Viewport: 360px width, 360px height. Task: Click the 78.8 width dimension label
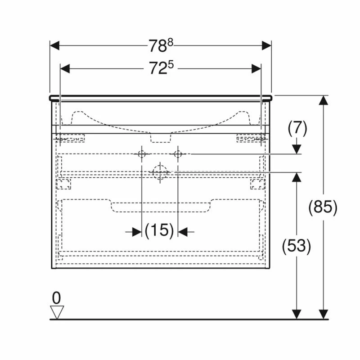click(x=161, y=45)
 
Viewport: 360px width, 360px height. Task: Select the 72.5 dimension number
click(x=161, y=68)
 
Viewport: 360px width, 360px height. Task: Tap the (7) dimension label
click(x=297, y=129)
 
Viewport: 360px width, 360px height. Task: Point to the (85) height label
click(x=323, y=207)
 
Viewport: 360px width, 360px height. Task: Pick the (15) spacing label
click(x=159, y=231)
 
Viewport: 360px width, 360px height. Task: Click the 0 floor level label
click(x=56, y=297)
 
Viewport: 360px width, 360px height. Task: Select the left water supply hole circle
click(x=141, y=154)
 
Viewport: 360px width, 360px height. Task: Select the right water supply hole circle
click(x=178, y=154)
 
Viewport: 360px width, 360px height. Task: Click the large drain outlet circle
click(x=160, y=172)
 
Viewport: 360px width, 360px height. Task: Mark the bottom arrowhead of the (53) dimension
click(x=296, y=314)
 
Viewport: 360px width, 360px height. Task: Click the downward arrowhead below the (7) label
click(x=297, y=148)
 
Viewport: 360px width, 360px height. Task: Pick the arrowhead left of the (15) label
click(x=136, y=231)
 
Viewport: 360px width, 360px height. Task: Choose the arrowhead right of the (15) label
click(x=183, y=231)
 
